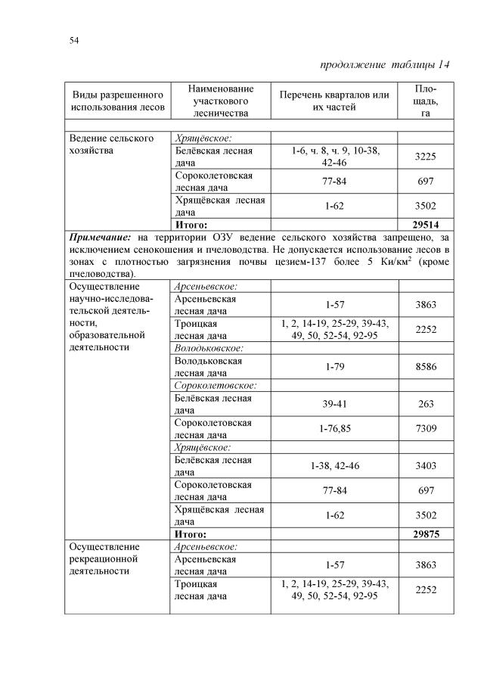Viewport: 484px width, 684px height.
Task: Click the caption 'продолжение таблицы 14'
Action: (x=386, y=64)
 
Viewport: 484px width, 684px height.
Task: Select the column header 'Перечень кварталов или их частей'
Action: (x=334, y=101)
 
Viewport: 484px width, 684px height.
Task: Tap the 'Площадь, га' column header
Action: (x=426, y=101)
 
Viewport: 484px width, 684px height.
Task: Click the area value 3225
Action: (x=426, y=157)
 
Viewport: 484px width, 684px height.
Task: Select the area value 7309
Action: (x=426, y=429)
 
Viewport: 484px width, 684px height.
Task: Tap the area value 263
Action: (x=426, y=404)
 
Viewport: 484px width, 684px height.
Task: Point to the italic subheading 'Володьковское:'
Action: (x=209, y=348)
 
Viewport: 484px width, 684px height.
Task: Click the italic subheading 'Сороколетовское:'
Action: (x=215, y=385)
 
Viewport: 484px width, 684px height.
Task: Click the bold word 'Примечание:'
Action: (x=100, y=237)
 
